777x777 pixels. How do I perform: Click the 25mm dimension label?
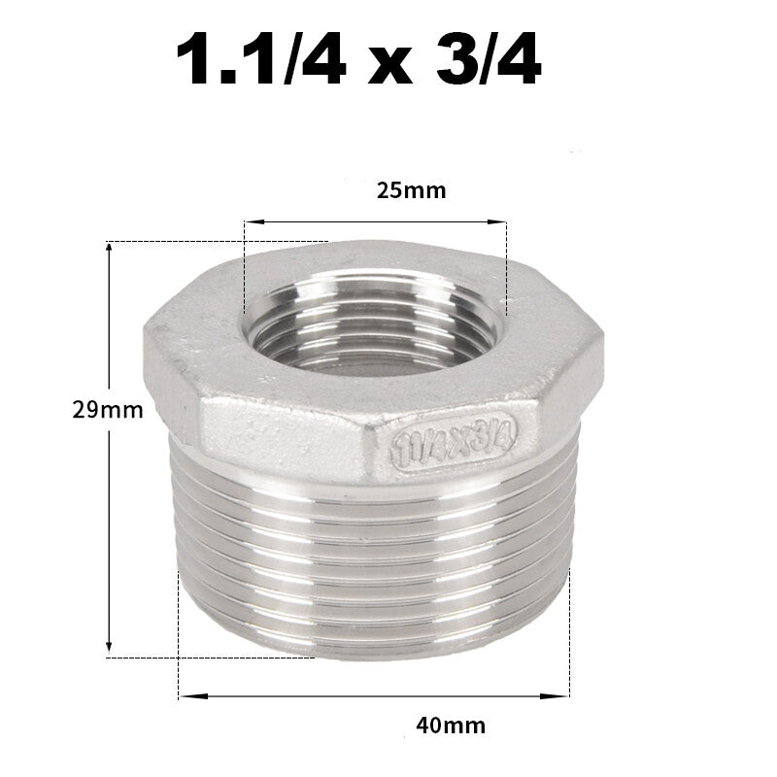point(411,190)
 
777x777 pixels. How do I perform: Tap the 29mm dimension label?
point(108,410)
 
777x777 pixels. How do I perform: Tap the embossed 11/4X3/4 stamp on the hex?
point(455,440)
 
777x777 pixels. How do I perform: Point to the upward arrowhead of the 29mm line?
point(110,249)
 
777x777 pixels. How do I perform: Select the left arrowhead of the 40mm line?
point(185,694)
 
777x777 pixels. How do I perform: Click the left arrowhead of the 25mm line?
point(249,222)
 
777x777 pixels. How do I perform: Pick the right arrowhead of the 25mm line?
point(501,222)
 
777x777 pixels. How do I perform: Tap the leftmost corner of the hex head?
point(145,335)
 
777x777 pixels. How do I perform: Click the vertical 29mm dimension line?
point(110,524)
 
